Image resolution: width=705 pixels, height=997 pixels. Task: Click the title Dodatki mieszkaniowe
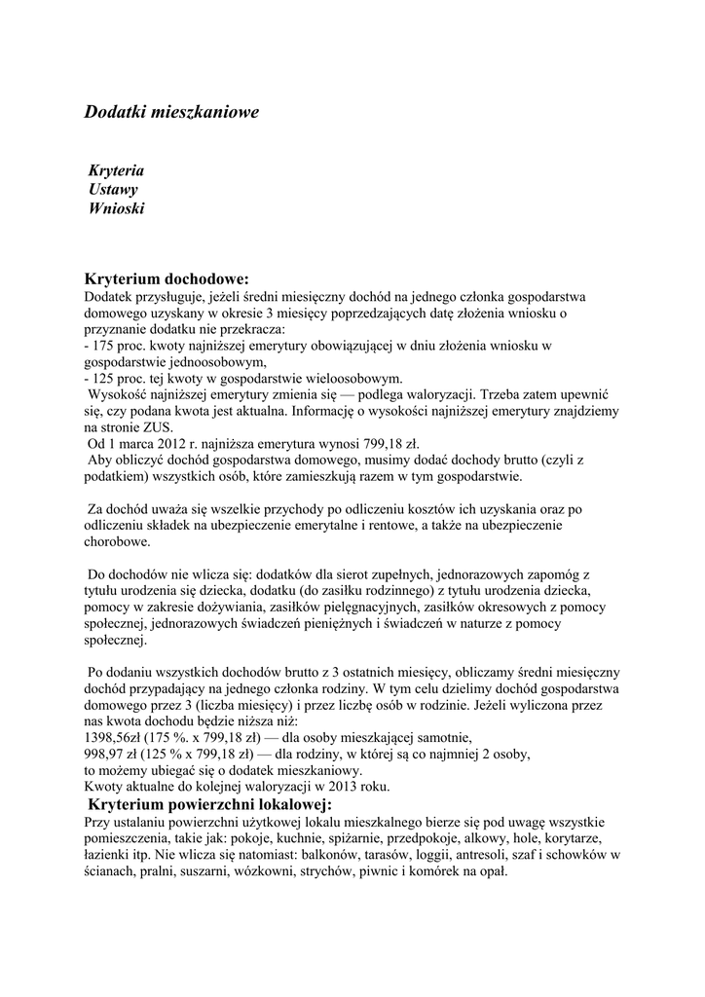pos(171,112)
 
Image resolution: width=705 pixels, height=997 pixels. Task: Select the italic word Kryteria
pos(117,170)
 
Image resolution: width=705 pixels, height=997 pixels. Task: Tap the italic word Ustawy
pos(113,189)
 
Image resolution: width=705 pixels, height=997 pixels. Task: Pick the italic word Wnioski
pos(117,207)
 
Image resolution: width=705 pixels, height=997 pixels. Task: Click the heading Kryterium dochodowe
pos(167,278)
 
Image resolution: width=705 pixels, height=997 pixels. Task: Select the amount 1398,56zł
pos(117,737)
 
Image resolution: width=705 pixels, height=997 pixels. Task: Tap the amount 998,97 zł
pos(115,754)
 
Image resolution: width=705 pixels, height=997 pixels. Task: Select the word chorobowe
pos(117,541)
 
